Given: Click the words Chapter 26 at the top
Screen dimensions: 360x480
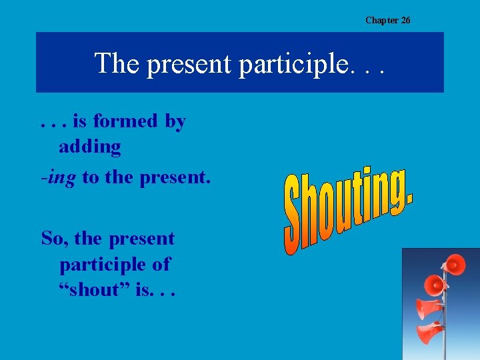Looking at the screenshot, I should coord(387,20).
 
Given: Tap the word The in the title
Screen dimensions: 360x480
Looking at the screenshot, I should coord(117,63).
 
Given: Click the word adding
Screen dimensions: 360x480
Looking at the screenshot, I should coord(90,147).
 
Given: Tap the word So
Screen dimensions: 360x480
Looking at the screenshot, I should coord(54,239).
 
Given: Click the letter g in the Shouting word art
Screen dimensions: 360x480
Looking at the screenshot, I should coord(396,190).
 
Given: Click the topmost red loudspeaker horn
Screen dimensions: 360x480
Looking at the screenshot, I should coord(454,265).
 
